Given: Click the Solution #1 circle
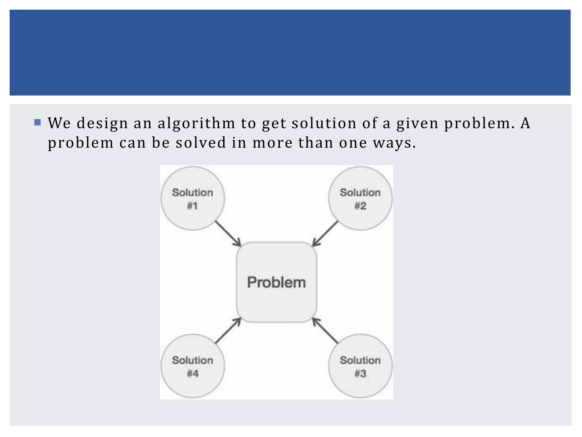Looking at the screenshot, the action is pyautogui.click(x=193, y=198).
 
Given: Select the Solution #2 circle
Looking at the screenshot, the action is pyautogui.click(x=360, y=198).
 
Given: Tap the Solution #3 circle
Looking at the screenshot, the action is pyautogui.click(x=360, y=366).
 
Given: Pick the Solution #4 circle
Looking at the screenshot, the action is pyautogui.click(x=193, y=366).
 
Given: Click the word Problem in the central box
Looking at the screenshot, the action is pyautogui.click(x=276, y=282).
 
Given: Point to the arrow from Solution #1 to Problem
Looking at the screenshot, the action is pyautogui.click(x=228, y=234).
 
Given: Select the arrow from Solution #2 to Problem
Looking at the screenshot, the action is pyautogui.click(x=325, y=234).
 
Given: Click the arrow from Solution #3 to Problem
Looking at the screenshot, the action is pyautogui.click(x=325, y=331).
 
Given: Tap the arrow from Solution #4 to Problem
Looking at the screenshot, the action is pyautogui.click(x=228, y=331).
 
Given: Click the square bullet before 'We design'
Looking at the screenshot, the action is pyautogui.click(x=38, y=122).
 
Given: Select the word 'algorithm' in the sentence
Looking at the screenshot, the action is pyautogui.click(x=196, y=123).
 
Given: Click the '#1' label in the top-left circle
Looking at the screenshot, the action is pyautogui.click(x=192, y=206).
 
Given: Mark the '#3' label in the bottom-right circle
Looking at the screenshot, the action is pyautogui.click(x=360, y=374).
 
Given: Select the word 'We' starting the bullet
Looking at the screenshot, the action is pyautogui.click(x=59, y=123).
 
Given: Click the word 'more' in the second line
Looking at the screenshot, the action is pyautogui.click(x=273, y=143).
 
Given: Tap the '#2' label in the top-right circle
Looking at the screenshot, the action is pyautogui.click(x=360, y=206).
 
